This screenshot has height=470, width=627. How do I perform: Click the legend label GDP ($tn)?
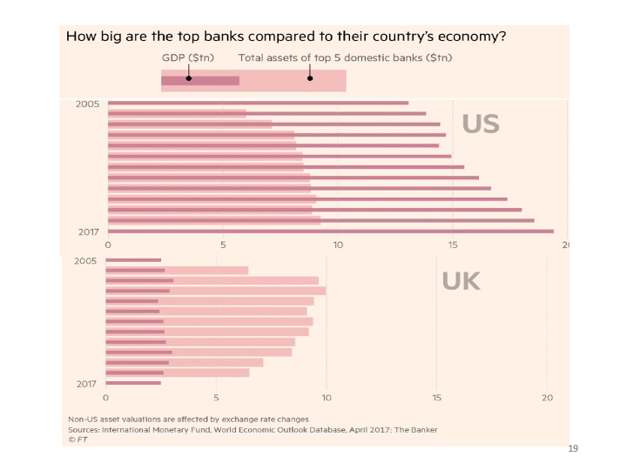[188, 58]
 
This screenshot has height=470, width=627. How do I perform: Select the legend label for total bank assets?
[345, 58]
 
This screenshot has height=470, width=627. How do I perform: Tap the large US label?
[481, 124]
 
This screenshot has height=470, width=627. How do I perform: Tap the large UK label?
[461, 281]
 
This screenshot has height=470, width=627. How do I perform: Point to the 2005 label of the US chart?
[88, 104]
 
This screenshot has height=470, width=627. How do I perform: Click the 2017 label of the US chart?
[88, 232]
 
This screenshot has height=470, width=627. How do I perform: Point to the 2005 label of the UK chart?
[85, 260]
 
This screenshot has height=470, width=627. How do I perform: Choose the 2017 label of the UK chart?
[85, 383]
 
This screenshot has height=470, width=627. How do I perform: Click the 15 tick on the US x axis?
[452, 245]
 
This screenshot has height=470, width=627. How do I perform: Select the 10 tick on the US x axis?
[338, 245]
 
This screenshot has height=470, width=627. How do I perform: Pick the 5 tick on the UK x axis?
[216, 398]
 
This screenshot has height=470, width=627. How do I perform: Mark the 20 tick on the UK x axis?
[547, 398]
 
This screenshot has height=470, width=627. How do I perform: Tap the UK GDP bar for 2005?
[133, 260]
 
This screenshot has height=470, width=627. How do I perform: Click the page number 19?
[572, 449]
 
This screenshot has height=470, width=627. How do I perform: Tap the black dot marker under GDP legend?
[188, 78]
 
